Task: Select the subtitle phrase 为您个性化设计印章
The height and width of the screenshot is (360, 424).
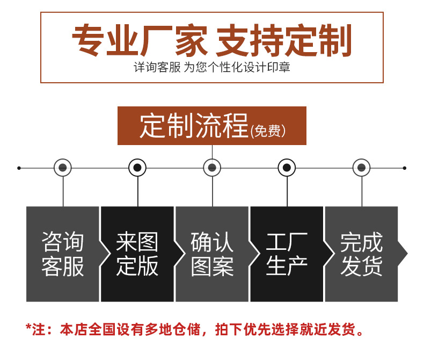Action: tap(237, 68)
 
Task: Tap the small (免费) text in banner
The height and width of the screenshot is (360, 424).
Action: tap(268, 131)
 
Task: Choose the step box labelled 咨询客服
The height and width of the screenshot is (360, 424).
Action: tap(63, 254)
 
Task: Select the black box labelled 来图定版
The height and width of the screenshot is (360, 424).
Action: tap(137, 254)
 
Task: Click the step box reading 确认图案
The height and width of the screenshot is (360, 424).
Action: tap(212, 254)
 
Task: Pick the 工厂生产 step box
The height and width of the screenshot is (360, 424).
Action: tap(287, 254)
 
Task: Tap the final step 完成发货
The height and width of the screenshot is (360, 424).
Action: tap(361, 254)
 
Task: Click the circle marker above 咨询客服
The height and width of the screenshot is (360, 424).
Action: tap(63, 168)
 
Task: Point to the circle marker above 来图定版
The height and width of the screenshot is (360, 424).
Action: tap(137, 168)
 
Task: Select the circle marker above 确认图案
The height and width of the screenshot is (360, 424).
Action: tap(212, 168)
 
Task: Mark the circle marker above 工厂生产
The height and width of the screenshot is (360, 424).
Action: tap(287, 168)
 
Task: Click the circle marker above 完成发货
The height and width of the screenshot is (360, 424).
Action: tap(361, 168)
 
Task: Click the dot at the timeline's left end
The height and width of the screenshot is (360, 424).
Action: tap(19, 168)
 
